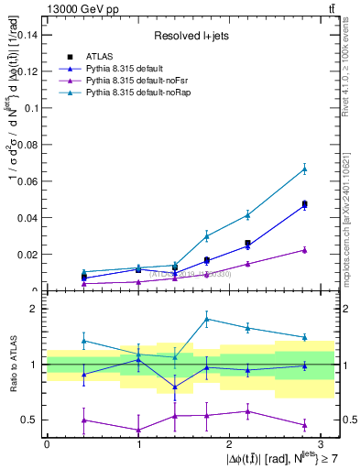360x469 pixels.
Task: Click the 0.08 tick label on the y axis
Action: point(30,145)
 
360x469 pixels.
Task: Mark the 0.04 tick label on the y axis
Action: point(30,218)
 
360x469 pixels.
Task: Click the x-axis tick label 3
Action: point(322,443)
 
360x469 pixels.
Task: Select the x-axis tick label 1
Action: point(138,443)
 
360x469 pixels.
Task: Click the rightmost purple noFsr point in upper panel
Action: point(305,250)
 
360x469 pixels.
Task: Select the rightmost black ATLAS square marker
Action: point(305,204)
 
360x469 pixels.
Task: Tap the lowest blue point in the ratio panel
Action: point(175,387)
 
